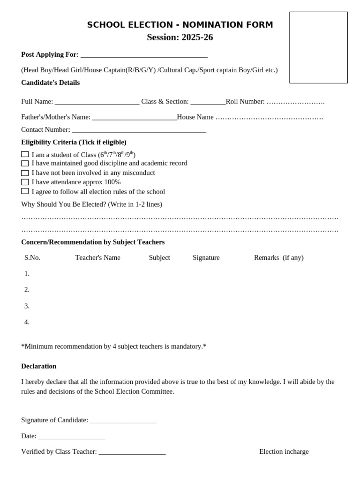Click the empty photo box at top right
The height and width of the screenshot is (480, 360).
pos(318,47)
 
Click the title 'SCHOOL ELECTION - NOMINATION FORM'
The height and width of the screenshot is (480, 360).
pos(180,25)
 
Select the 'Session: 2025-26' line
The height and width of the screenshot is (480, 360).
pos(180,37)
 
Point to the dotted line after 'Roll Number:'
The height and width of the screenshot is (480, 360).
pos(295,102)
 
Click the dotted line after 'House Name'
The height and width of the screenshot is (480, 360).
pos(269,117)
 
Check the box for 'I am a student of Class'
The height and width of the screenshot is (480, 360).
pos(25,154)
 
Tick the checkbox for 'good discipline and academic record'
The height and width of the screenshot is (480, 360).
pos(25,164)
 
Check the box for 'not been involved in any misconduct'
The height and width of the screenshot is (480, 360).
pos(25,173)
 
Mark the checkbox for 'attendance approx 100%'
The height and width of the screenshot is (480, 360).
pos(25,182)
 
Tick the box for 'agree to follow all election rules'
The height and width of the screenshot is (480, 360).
pos(25,191)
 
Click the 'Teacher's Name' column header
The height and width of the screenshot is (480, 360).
pos(97,257)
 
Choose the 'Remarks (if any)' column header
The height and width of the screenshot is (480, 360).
pos(278,257)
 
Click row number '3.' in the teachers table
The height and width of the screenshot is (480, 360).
pos(27,306)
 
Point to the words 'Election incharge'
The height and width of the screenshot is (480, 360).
pos(284,451)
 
